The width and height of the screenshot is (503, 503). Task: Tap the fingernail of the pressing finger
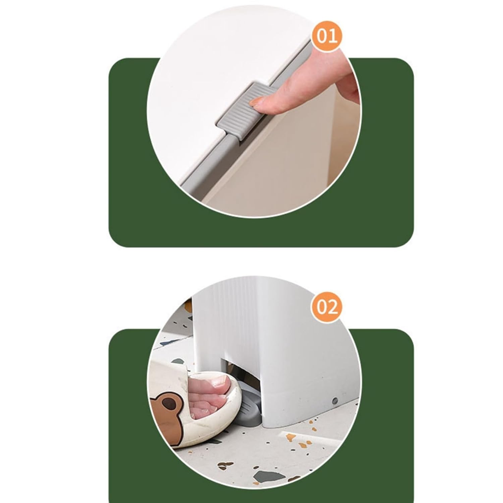tap(261, 101)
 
